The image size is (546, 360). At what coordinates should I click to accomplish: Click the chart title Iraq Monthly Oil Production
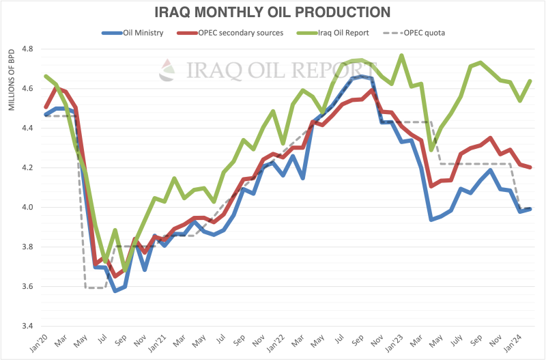pyautogui.click(x=273, y=12)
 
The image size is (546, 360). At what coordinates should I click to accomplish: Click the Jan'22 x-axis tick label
pyautogui.click(x=276, y=342)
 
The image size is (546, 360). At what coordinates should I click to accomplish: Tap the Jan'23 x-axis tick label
pyautogui.click(x=397, y=342)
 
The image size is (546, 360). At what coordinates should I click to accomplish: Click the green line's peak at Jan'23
pyautogui.click(x=401, y=55)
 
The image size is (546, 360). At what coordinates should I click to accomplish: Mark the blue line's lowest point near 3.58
pyautogui.click(x=115, y=290)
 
